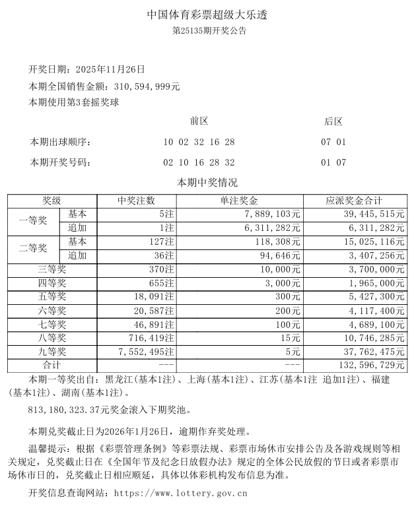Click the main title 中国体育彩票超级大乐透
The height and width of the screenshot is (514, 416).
(209, 14)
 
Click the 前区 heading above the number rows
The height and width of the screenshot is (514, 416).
(199, 121)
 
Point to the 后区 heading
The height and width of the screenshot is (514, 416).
(333, 121)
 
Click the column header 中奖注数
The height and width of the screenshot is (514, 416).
(137, 201)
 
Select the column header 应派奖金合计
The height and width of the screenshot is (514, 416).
(355, 201)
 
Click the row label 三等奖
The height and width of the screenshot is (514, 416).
(52, 269)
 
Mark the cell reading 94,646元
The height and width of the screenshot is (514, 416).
(277, 255)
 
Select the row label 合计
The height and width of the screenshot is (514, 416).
(52, 365)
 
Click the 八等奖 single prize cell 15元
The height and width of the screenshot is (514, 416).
(291, 338)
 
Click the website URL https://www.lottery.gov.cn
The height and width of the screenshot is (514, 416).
(180, 493)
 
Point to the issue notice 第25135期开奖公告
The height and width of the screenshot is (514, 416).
(209, 30)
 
